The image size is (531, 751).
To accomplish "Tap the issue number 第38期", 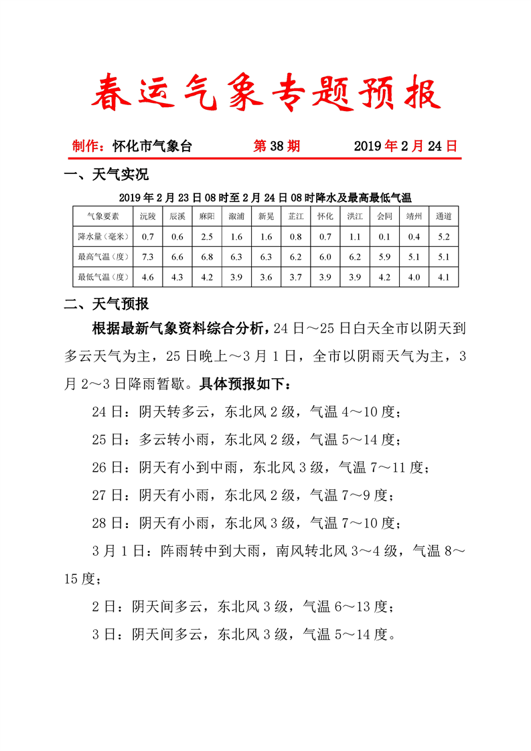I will [x=277, y=146].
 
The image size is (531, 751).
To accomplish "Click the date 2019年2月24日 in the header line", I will [x=405, y=146].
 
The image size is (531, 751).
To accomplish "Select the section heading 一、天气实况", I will [x=106, y=175].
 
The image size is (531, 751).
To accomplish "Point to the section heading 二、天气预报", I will [x=106, y=305].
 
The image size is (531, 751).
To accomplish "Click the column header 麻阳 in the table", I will [x=207, y=216].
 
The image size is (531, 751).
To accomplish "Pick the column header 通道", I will [x=443, y=216].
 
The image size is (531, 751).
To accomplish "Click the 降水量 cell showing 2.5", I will [x=207, y=236].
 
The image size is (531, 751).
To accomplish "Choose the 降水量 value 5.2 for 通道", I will [x=443, y=236].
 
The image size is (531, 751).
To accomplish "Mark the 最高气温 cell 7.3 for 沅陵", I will [x=148, y=256].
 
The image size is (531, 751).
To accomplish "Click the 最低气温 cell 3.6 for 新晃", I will [x=266, y=276].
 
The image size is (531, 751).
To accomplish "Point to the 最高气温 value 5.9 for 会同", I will [x=384, y=256].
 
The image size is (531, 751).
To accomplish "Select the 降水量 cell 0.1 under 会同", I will [x=384, y=236].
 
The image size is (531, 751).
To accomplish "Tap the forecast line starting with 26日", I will [x=258, y=467].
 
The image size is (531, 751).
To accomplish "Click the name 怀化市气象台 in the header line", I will [x=153, y=146].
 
